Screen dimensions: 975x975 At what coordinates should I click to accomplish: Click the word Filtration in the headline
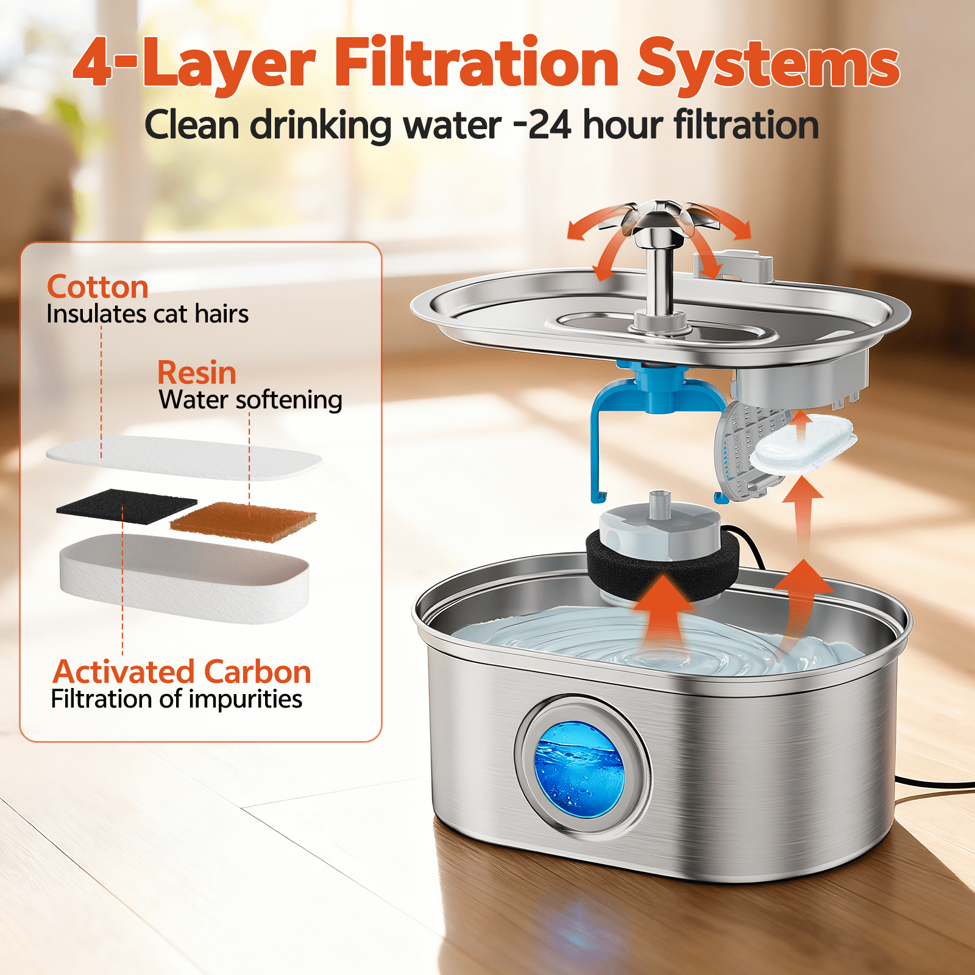477,62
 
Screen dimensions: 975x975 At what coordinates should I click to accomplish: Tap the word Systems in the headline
768,65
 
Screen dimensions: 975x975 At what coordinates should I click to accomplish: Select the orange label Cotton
97,286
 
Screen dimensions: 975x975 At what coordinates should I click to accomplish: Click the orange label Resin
197,372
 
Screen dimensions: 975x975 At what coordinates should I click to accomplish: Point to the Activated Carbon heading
182,672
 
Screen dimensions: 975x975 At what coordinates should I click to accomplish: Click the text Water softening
250,400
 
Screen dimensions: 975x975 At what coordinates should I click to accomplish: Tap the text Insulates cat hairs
147,314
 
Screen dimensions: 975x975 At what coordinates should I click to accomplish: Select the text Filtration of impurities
177,699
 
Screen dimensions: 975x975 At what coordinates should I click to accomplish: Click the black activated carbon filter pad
127,506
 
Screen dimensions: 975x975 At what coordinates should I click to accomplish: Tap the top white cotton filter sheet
184,458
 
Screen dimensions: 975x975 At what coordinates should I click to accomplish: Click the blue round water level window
580,769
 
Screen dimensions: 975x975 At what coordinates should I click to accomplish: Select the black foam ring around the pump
662,564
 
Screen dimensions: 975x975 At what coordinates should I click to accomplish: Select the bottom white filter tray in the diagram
184,579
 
